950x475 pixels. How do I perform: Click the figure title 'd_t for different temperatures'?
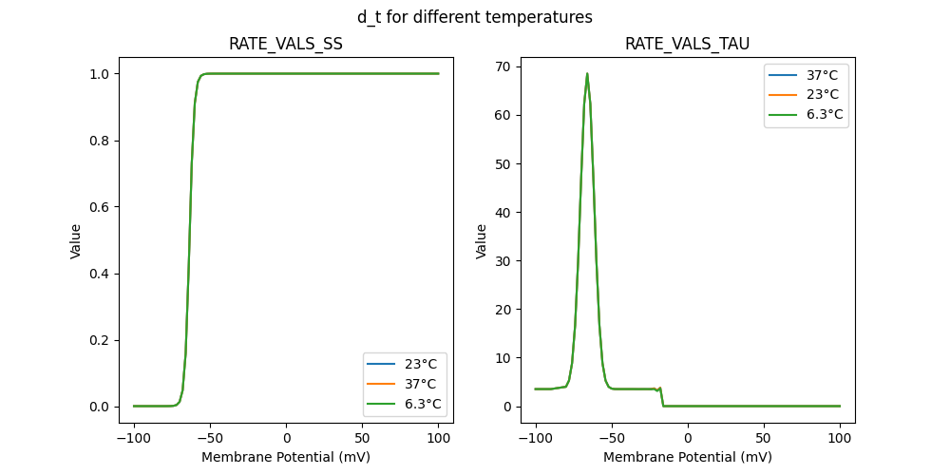point(475,17)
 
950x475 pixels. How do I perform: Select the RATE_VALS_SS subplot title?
point(286,44)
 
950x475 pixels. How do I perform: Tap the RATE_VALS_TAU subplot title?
point(687,44)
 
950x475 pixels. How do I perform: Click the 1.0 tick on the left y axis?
point(104,74)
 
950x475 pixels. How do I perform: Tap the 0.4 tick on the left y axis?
point(104,274)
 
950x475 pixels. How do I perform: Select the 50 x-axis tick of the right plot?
point(764,439)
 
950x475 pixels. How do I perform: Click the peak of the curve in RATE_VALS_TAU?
point(587,74)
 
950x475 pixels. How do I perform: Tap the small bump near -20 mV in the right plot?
point(659,388)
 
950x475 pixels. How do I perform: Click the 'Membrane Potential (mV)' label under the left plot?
point(286,457)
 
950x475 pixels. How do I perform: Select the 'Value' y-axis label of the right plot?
point(482,241)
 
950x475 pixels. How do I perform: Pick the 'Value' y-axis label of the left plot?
point(76,241)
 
